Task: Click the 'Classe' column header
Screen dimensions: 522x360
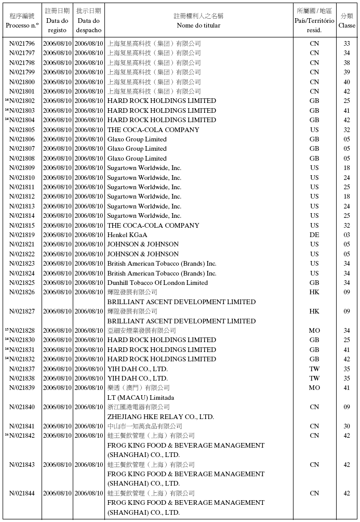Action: (x=346, y=25)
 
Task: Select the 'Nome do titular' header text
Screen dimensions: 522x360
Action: (x=198, y=25)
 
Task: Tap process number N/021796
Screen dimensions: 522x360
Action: (x=22, y=44)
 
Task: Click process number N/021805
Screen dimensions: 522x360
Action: (x=22, y=130)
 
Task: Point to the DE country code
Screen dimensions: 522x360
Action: (x=314, y=235)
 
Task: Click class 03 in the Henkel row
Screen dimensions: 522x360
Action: (x=346, y=235)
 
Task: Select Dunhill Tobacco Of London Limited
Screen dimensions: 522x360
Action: (x=157, y=283)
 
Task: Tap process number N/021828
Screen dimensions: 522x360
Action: (x=22, y=331)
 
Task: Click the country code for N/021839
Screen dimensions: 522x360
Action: (x=314, y=388)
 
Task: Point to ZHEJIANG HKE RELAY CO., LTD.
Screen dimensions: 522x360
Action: (x=161, y=417)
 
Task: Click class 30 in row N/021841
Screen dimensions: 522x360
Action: (x=346, y=426)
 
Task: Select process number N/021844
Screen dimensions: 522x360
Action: (x=22, y=493)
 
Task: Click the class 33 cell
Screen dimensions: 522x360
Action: (x=346, y=44)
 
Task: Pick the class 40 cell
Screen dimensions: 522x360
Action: (x=346, y=82)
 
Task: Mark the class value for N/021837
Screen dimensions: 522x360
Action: (x=346, y=369)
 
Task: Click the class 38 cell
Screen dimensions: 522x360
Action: (x=346, y=63)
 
